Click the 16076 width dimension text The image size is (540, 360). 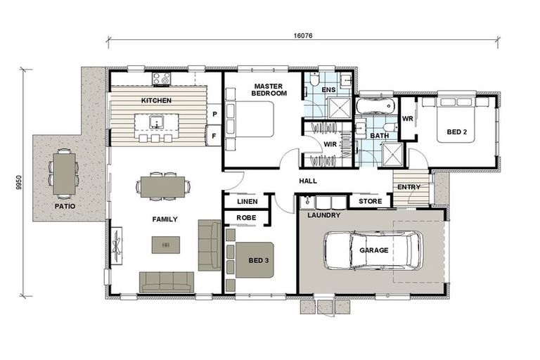303,35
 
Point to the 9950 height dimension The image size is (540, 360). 19,182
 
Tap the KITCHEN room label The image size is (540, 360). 156,101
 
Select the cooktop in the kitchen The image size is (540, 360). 162,79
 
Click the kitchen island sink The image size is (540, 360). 157,122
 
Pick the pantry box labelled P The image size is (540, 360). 214,114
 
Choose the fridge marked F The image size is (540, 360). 214,136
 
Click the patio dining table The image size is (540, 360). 65,174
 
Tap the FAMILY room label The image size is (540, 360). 165,219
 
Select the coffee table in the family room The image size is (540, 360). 166,245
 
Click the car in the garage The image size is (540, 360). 373,250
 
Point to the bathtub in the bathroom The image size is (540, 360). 375,105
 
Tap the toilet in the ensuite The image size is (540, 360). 314,79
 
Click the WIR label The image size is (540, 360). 330,144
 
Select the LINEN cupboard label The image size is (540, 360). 247,202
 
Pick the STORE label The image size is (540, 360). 371,201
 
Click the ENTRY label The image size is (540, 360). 409,187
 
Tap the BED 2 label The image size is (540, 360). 456,132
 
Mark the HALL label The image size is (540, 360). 308,181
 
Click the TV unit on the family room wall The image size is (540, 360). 117,246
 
